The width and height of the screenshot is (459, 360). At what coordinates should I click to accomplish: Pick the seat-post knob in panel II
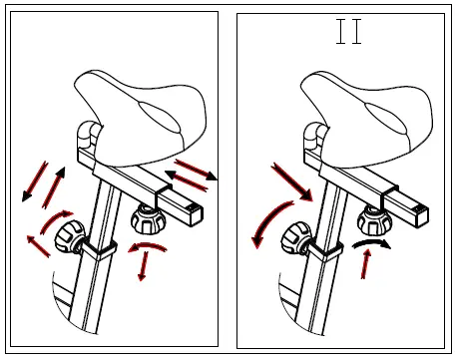click(x=297, y=236)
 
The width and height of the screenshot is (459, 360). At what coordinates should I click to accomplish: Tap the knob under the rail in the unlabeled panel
click(x=148, y=218)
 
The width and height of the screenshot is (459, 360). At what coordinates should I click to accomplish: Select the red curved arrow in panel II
click(x=267, y=218)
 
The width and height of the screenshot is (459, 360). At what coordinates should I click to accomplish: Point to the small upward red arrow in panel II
click(x=367, y=263)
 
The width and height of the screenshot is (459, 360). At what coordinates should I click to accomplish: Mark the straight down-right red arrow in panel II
click(x=290, y=181)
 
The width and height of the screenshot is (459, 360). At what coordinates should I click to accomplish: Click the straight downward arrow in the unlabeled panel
click(x=146, y=265)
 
